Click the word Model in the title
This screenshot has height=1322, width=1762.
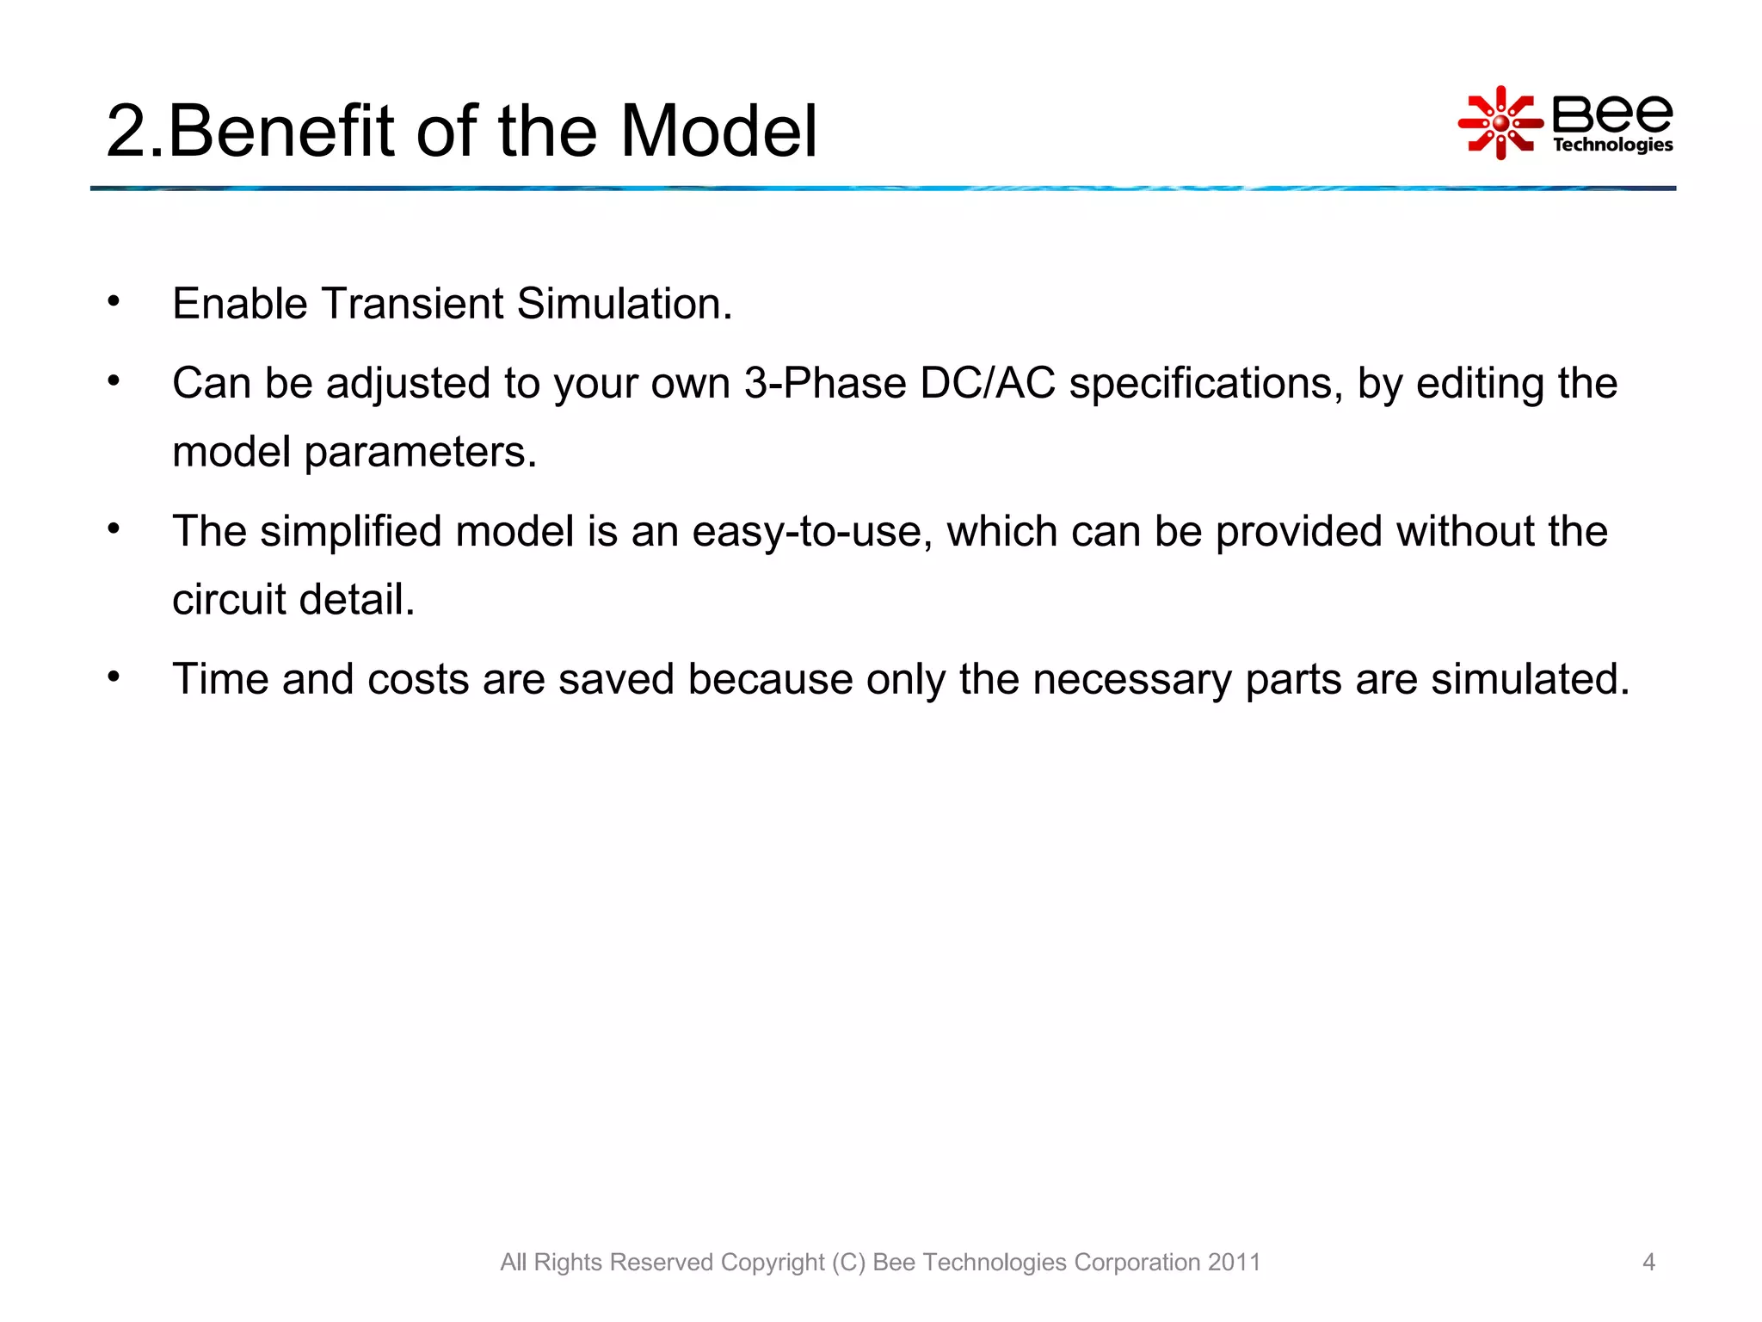pos(718,131)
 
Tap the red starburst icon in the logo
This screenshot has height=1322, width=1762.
pos(1500,123)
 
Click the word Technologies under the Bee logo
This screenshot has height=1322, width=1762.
pos(1612,145)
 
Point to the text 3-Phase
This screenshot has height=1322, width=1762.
pos(825,383)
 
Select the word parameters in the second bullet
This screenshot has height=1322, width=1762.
pos(420,453)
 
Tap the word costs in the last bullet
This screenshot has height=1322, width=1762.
pos(417,679)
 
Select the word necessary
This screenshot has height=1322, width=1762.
pos(1131,679)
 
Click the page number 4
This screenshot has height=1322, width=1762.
pos(1648,1262)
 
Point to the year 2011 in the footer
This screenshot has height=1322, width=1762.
pos(1234,1262)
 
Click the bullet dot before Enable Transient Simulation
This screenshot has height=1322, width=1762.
pos(114,301)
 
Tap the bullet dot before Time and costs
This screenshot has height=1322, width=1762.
pos(114,676)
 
